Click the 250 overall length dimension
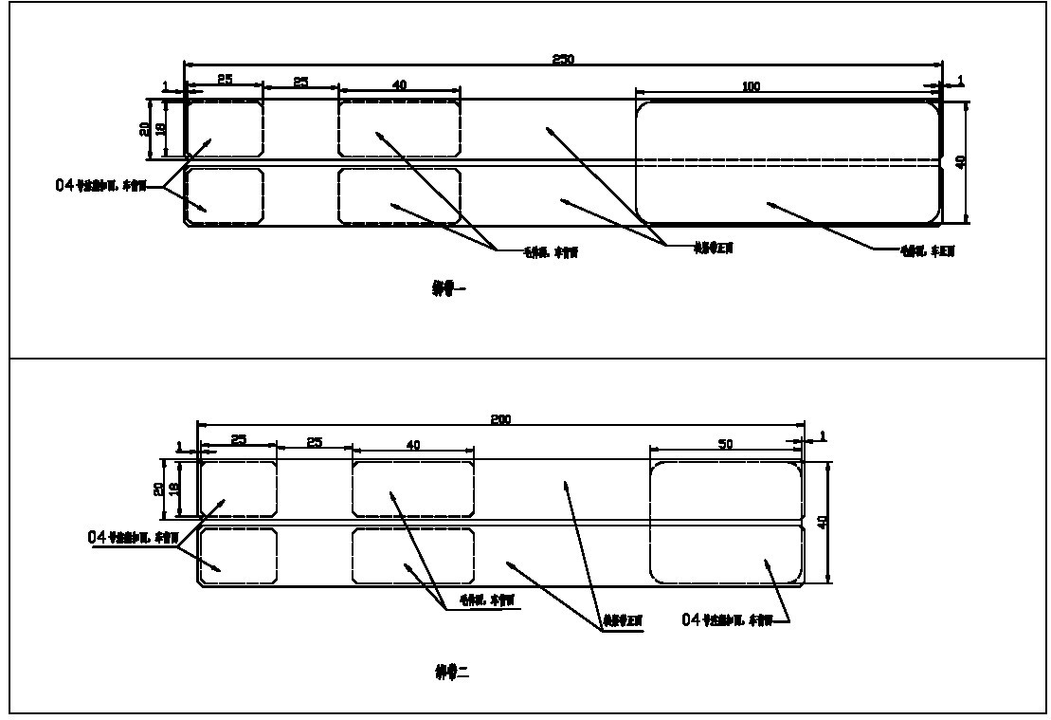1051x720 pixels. click(563, 59)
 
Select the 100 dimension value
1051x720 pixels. click(751, 87)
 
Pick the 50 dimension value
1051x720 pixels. click(726, 444)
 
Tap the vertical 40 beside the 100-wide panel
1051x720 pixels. click(961, 163)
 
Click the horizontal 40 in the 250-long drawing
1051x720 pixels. click(399, 85)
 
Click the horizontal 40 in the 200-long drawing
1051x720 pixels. click(413, 444)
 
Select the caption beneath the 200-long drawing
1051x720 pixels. click(445, 673)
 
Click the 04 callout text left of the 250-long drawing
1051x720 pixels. click(100, 186)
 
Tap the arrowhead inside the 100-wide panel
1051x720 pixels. click(770, 204)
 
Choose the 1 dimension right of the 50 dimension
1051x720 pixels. click(821, 435)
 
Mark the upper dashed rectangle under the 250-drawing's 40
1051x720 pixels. click(399, 128)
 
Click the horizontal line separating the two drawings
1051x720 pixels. click(525, 358)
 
